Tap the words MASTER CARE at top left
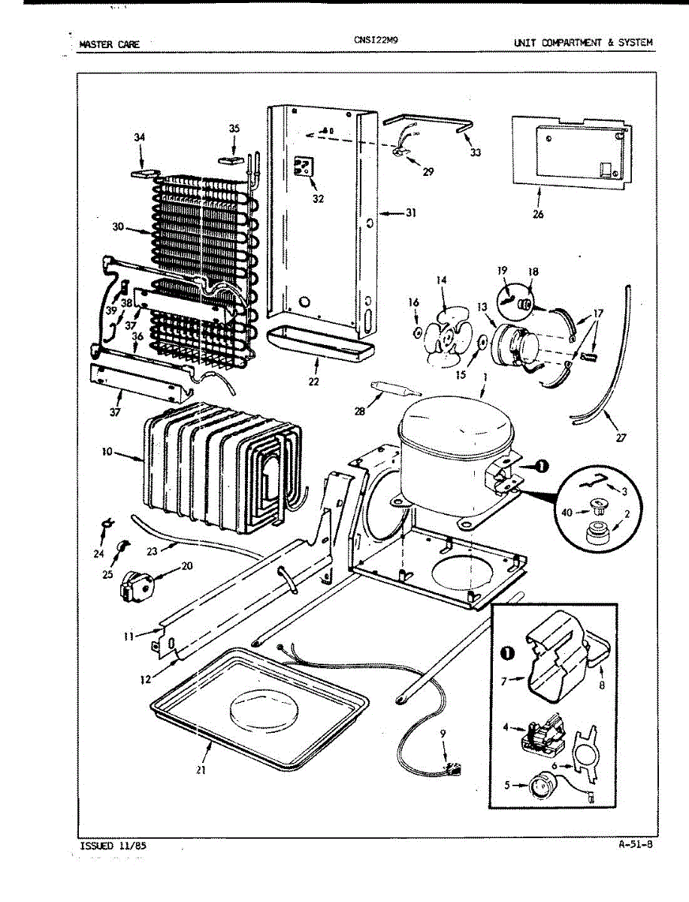[x=109, y=44]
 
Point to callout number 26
[x=538, y=213]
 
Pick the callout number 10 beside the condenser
[x=107, y=452]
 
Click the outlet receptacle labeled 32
[x=303, y=168]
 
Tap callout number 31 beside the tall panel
[x=410, y=213]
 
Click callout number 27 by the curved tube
[x=621, y=437]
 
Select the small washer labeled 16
[x=417, y=332]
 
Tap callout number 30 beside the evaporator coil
[x=118, y=226]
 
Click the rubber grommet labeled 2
[x=597, y=534]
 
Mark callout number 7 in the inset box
[x=504, y=681]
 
